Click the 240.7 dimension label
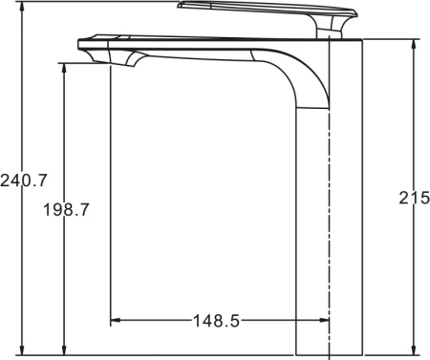point(24,180)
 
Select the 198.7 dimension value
point(66,210)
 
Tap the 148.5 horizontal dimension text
point(216,321)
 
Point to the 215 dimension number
point(415,198)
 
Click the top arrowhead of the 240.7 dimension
point(22,6)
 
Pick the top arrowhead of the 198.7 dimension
point(64,68)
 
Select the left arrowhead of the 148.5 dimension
point(116,320)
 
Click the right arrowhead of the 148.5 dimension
point(324,320)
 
